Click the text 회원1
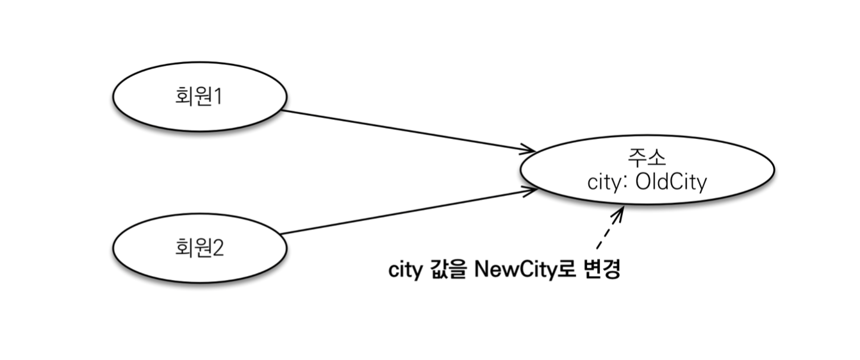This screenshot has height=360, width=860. coord(199,97)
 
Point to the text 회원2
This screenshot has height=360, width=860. coord(199,247)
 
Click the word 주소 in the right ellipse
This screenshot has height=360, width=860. coord(647,158)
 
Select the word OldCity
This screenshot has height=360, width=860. coord(671,183)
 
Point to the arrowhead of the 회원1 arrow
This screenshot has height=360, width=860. coord(531,150)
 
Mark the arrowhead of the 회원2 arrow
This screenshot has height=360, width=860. coord(531,190)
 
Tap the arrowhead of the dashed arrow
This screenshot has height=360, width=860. coord(619,212)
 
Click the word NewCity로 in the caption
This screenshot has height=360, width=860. coord(522,270)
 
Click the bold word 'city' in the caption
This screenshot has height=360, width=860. coord(405,270)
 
